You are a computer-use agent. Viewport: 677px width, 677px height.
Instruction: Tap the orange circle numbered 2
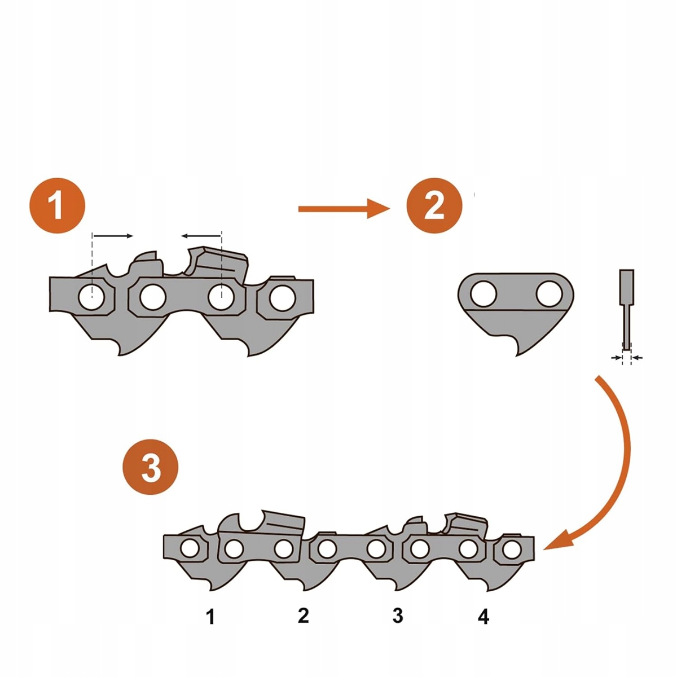(434, 205)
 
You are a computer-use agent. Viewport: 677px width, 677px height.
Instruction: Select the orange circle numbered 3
(151, 468)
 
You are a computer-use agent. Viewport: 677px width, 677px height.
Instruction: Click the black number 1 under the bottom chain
(210, 617)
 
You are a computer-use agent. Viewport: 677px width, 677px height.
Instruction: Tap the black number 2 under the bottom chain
(304, 616)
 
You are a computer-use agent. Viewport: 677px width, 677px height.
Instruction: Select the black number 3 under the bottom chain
(398, 616)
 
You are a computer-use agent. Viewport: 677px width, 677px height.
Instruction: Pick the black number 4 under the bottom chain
(483, 617)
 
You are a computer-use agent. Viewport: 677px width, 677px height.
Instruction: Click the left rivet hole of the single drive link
(483, 294)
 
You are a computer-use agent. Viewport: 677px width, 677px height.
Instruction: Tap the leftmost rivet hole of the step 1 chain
(91, 297)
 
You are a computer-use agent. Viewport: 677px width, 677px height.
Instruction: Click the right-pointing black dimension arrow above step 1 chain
(113, 235)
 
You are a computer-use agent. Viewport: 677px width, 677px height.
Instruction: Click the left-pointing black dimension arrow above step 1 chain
(201, 235)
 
